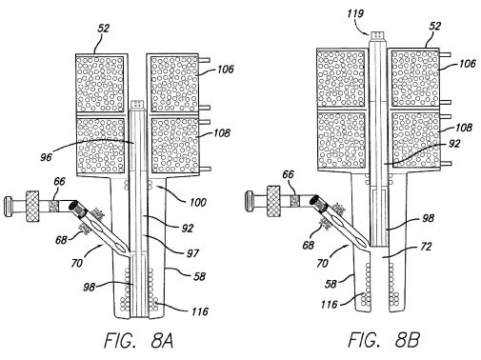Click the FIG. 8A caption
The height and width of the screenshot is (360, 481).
click(139, 341)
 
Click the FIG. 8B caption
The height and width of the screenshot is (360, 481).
click(384, 340)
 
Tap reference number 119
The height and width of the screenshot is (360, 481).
click(355, 13)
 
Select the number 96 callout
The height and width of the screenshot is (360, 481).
click(46, 157)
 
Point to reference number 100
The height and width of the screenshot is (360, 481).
click(198, 202)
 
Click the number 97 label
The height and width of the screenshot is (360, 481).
click(192, 253)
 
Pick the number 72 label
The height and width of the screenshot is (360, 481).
click(426, 247)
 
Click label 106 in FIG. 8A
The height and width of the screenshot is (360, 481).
click(226, 70)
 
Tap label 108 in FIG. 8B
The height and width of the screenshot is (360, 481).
click(464, 128)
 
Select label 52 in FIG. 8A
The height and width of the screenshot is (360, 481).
click(103, 29)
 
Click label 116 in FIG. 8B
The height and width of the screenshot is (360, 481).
click(329, 305)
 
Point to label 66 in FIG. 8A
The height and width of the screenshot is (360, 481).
click(59, 182)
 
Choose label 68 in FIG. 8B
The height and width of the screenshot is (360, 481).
click(308, 245)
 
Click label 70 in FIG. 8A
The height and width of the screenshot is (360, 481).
click(77, 263)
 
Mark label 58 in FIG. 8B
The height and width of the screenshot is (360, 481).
click(331, 284)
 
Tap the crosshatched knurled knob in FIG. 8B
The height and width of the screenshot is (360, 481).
click(274, 201)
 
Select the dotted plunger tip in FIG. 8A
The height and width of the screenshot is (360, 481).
click(138, 104)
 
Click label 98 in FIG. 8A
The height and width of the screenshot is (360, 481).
click(90, 287)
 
